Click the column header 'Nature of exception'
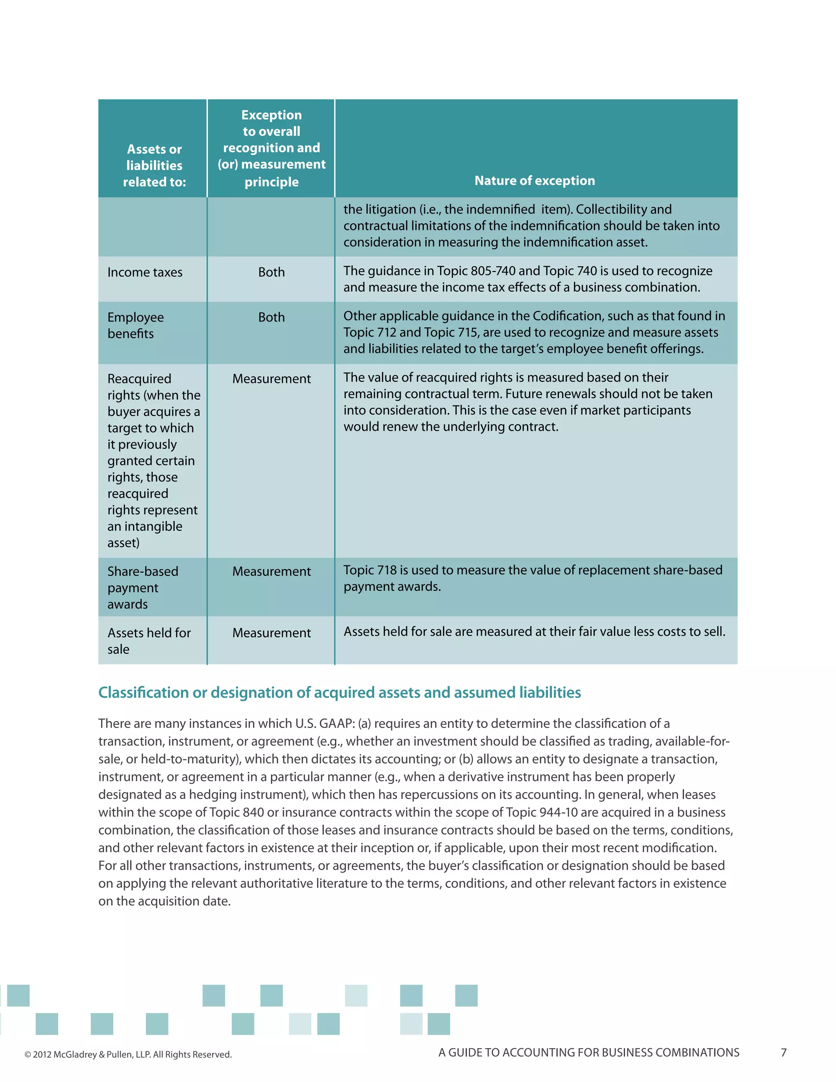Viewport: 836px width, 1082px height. (x=534, y=181)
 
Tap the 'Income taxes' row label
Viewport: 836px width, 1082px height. (x=145, y=272)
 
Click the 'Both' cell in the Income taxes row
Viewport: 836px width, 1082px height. (x=271, y=272)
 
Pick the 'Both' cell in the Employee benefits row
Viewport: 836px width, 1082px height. (x=271, y=317)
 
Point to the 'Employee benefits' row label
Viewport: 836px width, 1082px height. (x=135, y=325)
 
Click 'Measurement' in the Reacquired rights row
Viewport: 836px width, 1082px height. (x=271, y=378)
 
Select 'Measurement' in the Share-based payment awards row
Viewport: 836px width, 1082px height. (x=271, y=571)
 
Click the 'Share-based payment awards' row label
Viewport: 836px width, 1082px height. (x=142, y=588)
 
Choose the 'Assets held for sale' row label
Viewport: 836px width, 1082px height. (x=149, y=641)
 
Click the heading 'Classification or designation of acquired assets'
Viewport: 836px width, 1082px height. (x=339, y=692)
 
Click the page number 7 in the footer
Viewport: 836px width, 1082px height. (x=783, y=1052)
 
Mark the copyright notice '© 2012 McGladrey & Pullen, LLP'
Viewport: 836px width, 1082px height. (x=128, y=1054)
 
